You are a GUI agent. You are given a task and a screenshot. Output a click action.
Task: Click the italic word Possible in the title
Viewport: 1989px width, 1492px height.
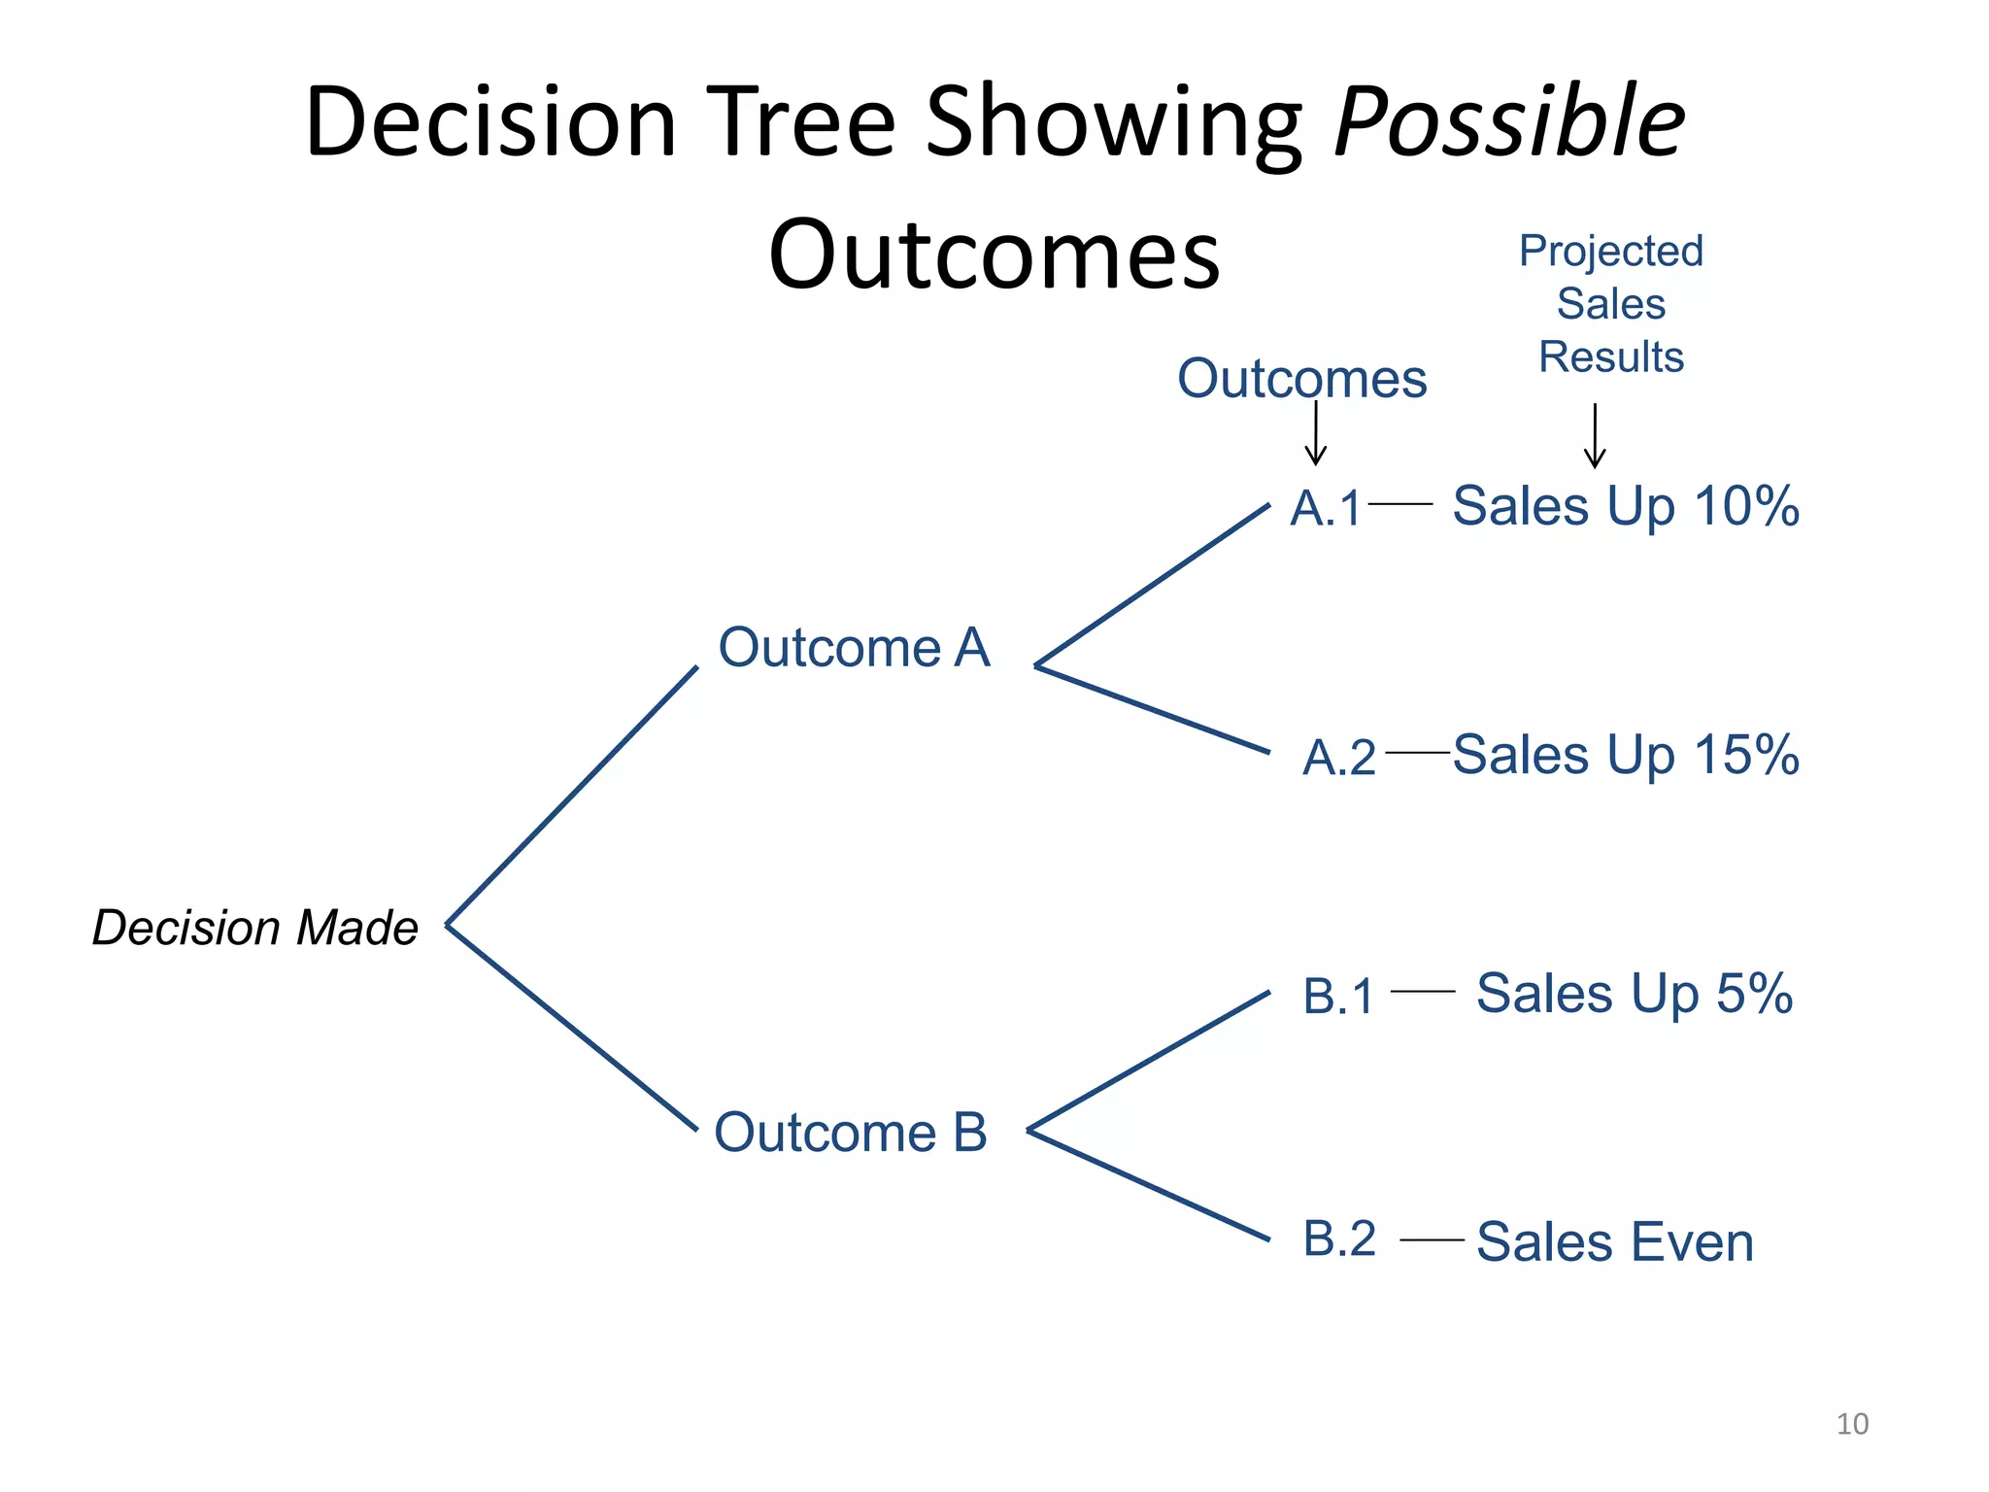1509,123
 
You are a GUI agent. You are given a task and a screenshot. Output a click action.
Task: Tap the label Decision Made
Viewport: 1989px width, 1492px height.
254,928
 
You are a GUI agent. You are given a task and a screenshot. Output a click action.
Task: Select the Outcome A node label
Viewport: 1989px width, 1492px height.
853,648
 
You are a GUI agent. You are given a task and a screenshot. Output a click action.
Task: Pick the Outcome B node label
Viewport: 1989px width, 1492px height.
850,1133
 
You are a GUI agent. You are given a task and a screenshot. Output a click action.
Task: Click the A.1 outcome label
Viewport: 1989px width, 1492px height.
1326,508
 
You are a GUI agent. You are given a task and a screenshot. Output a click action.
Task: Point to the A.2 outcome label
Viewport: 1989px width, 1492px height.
1338,758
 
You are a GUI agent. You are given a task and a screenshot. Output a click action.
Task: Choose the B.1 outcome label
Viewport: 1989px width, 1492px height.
1338,997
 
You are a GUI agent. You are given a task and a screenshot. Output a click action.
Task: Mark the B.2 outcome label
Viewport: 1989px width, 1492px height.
1338,1239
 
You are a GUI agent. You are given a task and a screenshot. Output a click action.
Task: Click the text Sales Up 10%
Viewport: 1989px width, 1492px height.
1625,506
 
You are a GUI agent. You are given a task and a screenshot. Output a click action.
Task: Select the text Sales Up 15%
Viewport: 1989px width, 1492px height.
1625,755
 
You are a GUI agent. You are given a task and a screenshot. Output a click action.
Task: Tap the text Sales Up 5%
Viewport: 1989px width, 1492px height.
1634,994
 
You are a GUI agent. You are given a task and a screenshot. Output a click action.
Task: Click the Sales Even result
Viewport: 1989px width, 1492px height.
1614,1242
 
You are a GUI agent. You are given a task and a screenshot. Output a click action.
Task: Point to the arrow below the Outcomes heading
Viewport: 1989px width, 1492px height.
1315,433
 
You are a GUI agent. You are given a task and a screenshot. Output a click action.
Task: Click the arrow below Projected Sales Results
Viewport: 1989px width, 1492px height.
1594,436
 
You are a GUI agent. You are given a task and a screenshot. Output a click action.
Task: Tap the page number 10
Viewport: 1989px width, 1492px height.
1852,1424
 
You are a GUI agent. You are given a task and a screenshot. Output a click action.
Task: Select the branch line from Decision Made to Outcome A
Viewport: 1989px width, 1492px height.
571,797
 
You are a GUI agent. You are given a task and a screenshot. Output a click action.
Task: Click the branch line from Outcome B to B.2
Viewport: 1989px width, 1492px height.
1148,1185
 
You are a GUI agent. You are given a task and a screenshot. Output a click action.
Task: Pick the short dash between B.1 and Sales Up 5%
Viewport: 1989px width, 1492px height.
1422,992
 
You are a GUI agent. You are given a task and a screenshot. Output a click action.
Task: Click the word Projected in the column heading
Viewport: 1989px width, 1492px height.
1610,252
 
